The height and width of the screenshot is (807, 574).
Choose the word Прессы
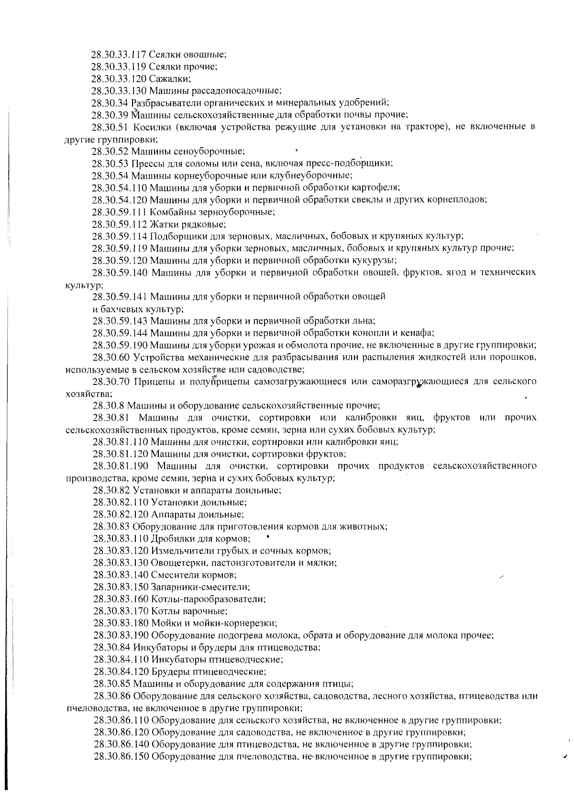click(x=146, y=163)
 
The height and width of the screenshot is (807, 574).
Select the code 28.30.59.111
click(x=119, y=211)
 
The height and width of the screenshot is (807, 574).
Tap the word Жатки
click(x=162, y=224)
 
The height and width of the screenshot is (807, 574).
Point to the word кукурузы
click(x=377, y=260)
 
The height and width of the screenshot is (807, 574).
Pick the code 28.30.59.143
click(x=120, y=321)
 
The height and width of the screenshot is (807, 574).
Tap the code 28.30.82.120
click(x=121, y=514)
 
